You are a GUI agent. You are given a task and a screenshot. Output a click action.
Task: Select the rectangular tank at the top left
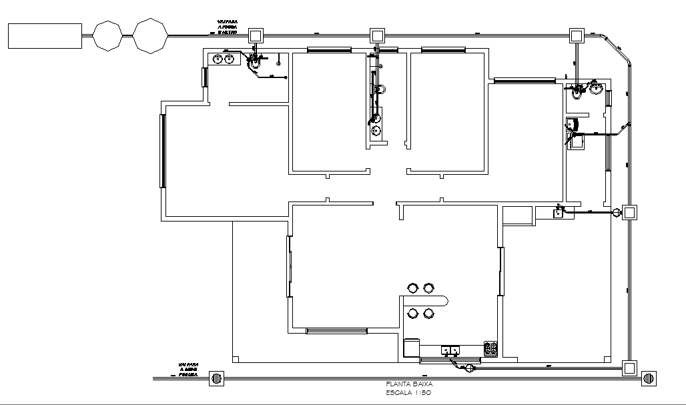[45, 36]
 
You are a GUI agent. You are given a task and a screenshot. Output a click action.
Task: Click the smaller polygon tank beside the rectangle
[107, 35]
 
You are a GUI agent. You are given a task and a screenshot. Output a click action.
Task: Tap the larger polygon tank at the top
[150, 35]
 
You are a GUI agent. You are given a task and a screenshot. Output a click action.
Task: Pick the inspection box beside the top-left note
[256, 35]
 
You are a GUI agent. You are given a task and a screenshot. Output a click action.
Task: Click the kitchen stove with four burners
[492, 348]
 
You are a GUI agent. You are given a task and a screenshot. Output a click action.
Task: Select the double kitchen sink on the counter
[450, 350]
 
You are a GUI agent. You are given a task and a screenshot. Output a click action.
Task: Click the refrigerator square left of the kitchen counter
[412, 348]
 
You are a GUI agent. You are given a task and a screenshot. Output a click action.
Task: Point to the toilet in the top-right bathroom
[577, 93]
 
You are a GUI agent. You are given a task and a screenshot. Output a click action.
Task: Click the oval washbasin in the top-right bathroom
[596, 85]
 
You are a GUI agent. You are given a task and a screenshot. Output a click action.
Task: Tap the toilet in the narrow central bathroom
[381, 89]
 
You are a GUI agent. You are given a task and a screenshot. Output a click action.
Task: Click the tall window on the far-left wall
[161, 151]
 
